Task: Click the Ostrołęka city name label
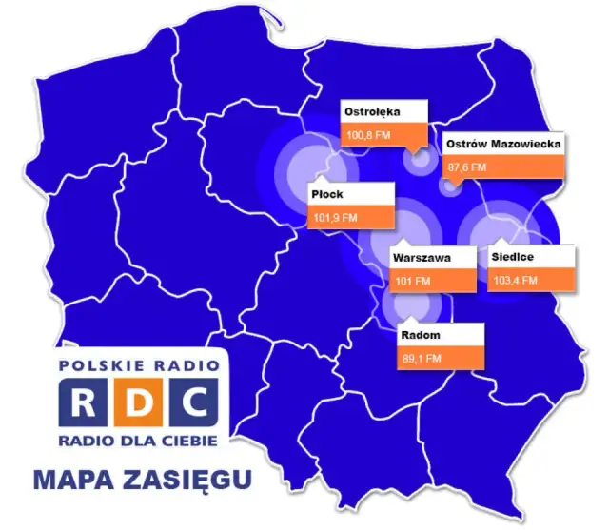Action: tap(373, 112)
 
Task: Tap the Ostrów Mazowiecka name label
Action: tap(503, 144)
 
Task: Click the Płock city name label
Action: tap(327, 195)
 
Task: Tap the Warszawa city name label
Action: tap(422, 257)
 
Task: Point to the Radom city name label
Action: tap(419, 335)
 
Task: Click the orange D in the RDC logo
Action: tap(137, 403)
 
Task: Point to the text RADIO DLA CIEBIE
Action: tap(137, 441)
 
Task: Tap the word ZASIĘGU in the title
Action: tap(190, 480)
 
